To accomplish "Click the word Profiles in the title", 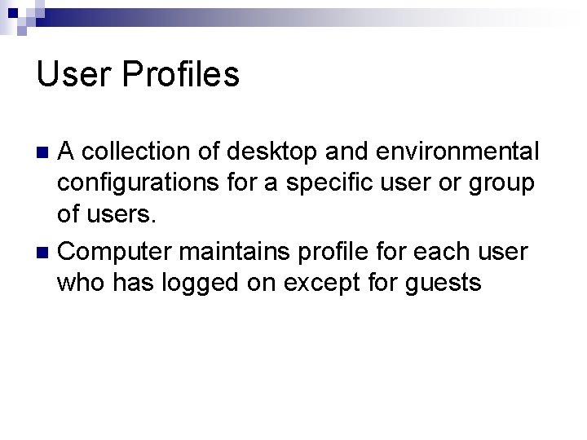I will [181, 74].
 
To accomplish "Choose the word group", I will [502, 184].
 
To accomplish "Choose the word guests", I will [449, 284].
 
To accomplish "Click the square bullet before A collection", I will [46, 152].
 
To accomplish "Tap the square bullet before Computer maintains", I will [46, 253].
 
